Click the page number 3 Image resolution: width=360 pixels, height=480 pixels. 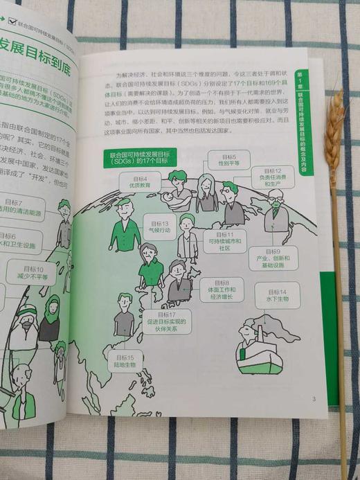click(x=314, y=398)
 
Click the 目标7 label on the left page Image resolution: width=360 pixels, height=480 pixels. click(x=21, y=208)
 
